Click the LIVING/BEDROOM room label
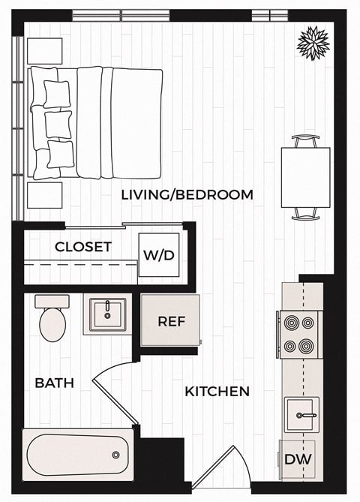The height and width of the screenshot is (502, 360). (x=187, y=195)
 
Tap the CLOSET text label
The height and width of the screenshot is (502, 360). (x=83, y=247)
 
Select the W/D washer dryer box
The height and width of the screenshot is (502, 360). (x=159, y=255)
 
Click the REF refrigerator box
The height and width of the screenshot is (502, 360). (x=170, y=320)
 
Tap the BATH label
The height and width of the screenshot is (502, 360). (x=54, y=383)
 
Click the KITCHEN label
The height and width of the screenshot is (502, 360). (x=217, y=391)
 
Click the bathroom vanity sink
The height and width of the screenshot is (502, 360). (x=105, y=315)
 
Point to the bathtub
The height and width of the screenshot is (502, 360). (x=75, y=454)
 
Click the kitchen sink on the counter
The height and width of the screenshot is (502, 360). (x=302, y=414)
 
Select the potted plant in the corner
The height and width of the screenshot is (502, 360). (x=313, y=43)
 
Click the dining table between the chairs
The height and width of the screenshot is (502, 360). (x=305, y=177)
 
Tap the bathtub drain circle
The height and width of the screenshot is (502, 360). (x=115, y=455)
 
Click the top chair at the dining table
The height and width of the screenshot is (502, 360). (x=305, y=140)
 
